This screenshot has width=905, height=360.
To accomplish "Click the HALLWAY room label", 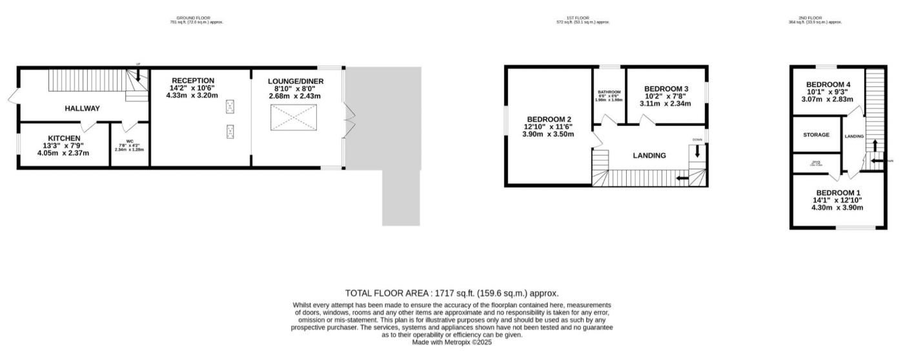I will point(82,108).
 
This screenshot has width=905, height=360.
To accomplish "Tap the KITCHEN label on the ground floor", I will point(63,138).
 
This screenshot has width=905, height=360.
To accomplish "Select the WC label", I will point(129,141).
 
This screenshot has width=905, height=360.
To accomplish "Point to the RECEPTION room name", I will point(193,81).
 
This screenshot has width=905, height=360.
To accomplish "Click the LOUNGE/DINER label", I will point(296,81).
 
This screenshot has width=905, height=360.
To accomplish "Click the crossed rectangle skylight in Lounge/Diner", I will point(294,118).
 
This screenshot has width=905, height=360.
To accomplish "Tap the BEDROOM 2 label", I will point(549,119).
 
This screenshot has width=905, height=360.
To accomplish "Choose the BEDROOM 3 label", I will point(666,89).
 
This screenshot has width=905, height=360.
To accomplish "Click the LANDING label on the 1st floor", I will point(649,155).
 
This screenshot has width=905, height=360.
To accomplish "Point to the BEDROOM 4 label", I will point(828,85).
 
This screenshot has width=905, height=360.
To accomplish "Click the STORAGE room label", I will point(816,135).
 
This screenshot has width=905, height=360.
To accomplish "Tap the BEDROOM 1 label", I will point(838,193).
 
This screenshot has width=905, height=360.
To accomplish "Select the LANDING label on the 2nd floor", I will point(854,136).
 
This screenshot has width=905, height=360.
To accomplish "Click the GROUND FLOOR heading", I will point(196,18).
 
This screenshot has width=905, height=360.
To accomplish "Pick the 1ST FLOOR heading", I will point(583,18).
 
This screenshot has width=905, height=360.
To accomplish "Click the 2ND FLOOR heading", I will point(815,18).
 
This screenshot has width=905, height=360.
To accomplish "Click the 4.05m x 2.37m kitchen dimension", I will point(63,153).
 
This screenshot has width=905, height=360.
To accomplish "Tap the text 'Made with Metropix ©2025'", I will point(452,343).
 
